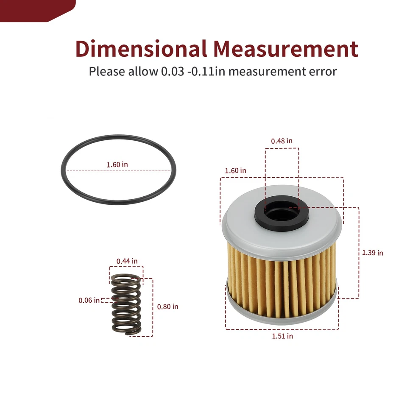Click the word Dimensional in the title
pos(141,48)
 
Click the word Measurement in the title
pos(286,48)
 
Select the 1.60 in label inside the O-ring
pos(117,164)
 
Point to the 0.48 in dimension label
pos(282,141)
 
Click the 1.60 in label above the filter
pos(235,170)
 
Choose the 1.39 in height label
pos(373,253)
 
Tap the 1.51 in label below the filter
pos(282,336)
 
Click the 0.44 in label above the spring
pos(127,261)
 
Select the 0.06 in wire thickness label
pos(89,300)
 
